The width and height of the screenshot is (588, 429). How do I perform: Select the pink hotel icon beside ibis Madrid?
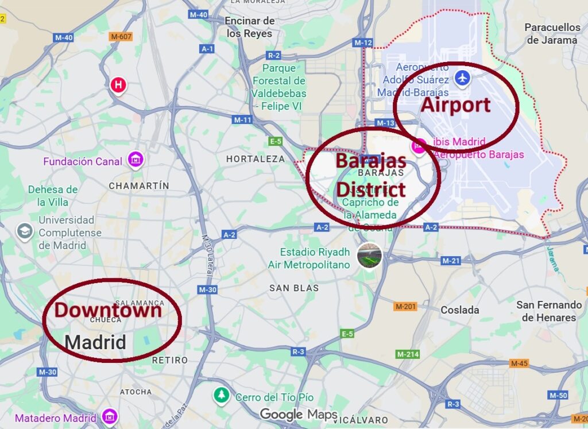click(419, 146)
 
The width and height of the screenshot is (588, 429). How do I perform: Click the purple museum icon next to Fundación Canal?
click(136, 158)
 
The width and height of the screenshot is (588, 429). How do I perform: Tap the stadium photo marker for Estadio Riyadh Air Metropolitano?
click(369, 256)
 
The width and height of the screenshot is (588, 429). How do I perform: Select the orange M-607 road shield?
click(121, 37)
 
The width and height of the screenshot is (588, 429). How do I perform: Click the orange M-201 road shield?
click(405, 307)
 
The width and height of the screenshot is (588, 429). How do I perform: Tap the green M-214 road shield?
click(408, 354)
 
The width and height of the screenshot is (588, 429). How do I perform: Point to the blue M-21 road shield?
click(451, 261)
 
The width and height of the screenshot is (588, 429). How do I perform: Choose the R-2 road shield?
click(274, 55)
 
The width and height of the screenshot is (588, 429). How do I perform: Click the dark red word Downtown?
click(108, 311)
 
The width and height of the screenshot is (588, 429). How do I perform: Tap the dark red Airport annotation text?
click(455, 105)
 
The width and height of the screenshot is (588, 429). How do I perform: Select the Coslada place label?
click(459, 310)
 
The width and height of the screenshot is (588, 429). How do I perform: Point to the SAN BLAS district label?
click(294, 288)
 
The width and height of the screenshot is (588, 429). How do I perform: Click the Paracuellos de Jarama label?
click(552, 34)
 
